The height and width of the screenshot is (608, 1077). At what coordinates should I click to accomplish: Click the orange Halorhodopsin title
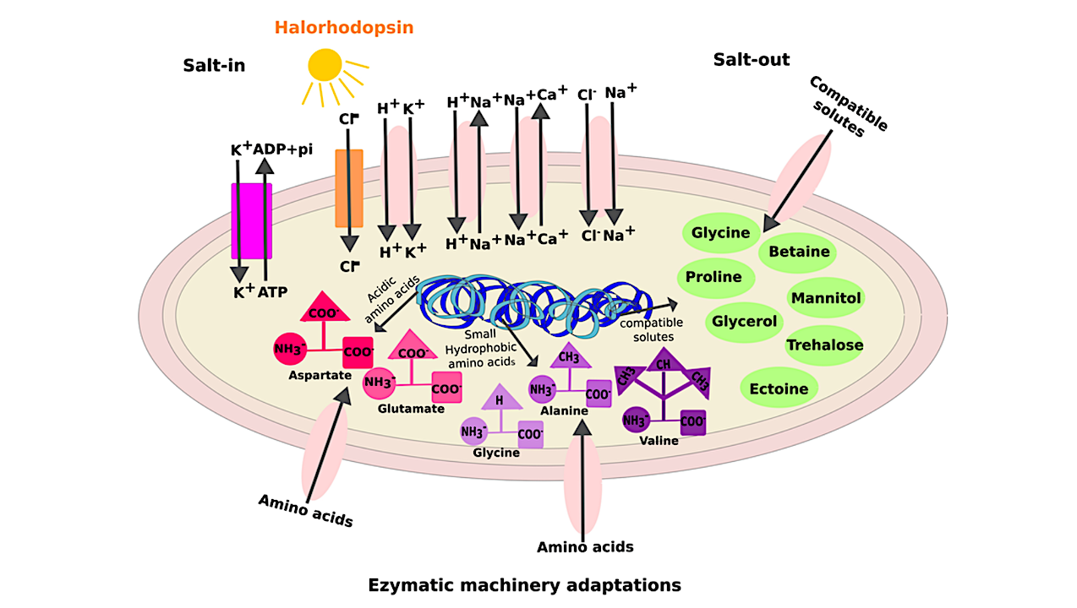coord(343,27)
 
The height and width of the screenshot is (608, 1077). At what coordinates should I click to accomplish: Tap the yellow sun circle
coord(325,64)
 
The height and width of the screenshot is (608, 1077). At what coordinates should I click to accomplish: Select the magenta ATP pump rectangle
coord(251,220)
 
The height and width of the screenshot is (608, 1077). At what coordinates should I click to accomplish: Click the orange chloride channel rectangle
coord(349,188)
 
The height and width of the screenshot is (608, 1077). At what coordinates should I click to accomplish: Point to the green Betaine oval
coord(799,252)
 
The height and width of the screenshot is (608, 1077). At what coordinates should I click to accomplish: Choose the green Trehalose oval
coord(824,345)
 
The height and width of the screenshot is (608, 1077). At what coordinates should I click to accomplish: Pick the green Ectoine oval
coord(779,389)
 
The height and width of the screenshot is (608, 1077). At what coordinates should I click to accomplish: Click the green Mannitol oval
coord(825,298)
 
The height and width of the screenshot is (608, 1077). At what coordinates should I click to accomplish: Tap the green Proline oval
coord(714,276)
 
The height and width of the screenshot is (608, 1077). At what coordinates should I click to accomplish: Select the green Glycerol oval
coord(744,322)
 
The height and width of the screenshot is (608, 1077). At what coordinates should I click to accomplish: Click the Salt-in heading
coord(214,65)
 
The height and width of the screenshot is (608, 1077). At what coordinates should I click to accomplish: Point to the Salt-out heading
coord(751,59)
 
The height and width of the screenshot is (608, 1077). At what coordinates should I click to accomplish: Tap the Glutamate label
coord(411,409)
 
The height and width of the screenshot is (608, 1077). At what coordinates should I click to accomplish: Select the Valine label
coord(659,440)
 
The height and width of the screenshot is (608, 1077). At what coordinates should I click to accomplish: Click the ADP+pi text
coord(284,150)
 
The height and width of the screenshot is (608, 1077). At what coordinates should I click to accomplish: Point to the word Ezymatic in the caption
coord(410,584)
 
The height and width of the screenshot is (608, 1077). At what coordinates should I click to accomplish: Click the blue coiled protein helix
coord(524,301)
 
